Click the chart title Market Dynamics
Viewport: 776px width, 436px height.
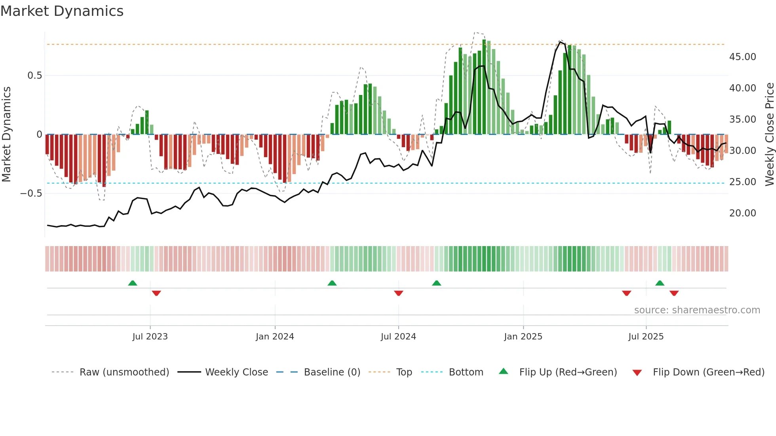click(x=62, y=11)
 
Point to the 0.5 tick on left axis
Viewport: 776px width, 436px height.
click(x=34, y=76)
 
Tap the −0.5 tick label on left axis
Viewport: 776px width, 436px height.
click(x=31, y=193)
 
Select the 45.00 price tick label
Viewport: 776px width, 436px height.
click(x=742, y=57)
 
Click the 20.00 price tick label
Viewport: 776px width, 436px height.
click(x=742, y=213)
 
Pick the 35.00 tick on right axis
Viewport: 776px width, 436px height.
click(x=742, y=119)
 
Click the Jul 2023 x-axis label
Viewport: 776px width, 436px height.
click(x=150, y=337)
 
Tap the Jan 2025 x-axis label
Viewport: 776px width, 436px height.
click(x=523, y=337)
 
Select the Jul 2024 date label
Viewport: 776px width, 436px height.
click(x=398, y=337)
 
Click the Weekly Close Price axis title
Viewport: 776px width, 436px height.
click(x=769, y=135)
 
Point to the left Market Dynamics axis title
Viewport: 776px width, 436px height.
click(x=6, y=135)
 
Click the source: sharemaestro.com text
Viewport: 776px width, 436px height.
click(x=697, y=310)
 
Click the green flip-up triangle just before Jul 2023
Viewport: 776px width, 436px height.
click(x=133, y=283)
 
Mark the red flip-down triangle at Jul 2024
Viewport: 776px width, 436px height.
click(x=398, y=293)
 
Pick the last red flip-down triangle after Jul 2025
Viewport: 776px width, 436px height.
click(x=674, y=293)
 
